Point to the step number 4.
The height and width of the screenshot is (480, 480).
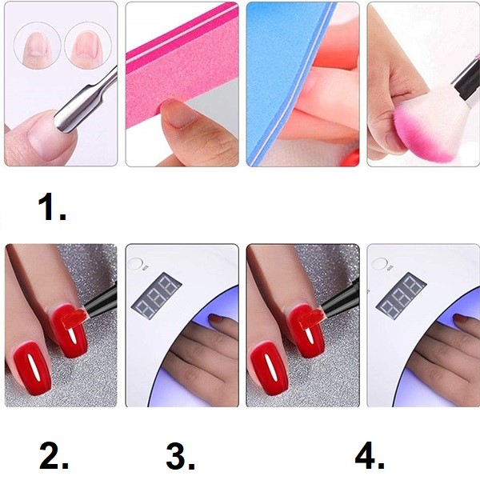click(x=370, y=457)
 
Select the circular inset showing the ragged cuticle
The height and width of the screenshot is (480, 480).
click(x=38, y=46)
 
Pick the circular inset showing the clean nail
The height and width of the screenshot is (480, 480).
click(x=88, y=46)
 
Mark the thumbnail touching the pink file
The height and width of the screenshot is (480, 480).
click(x=177, y=114)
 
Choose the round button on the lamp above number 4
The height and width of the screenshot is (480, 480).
click(x=379, y=264)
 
